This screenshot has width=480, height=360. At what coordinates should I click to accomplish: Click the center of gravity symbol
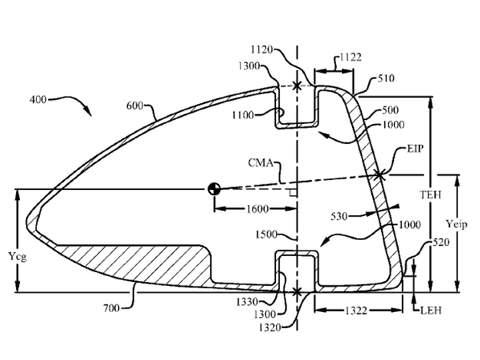click(214, 189)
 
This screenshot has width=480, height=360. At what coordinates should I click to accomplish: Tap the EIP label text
click(415, 149)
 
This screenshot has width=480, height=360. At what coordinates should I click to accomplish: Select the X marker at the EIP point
click(379, 175)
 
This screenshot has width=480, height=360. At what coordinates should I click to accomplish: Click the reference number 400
click(38, 99)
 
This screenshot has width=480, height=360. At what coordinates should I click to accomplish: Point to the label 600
click(135, 106)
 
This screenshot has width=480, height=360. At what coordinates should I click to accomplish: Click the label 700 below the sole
click(111, 307)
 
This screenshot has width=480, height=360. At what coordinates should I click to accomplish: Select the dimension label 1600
click(257, 209)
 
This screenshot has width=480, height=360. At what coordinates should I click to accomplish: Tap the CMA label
click(261, 163)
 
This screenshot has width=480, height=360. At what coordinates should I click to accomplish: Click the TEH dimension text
click(431, 195)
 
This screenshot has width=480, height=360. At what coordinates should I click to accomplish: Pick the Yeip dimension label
click(457, 225)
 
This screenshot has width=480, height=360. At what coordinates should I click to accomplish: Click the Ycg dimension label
click(17, 256)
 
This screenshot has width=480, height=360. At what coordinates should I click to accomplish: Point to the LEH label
click(431, 311)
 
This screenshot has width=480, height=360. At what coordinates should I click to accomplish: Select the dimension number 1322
click(356, 311)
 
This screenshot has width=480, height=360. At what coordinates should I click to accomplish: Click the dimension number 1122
click(351, 57)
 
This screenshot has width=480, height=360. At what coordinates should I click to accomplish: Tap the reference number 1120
click(262, 49)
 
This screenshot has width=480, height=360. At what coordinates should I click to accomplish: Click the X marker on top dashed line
click(297, 86)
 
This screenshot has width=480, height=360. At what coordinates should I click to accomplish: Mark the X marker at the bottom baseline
click(297, 292)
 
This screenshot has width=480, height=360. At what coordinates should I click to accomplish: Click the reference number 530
click(339, 217)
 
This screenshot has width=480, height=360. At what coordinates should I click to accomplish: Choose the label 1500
click(266, 235)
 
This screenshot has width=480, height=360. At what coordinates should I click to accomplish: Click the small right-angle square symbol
click(293, 193)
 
